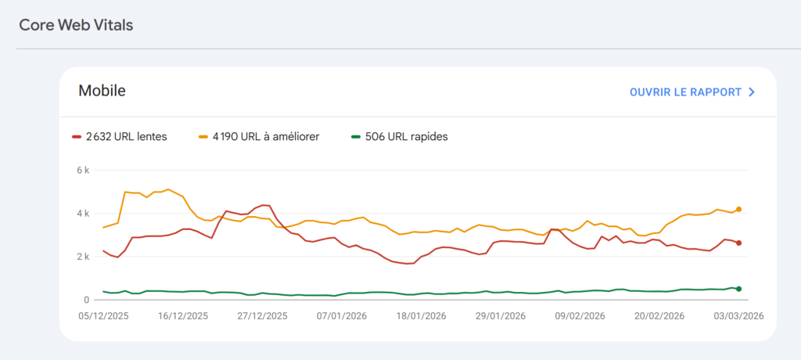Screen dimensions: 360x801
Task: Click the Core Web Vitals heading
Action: coord(76,25)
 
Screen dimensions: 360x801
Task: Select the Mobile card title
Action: coord(102,91)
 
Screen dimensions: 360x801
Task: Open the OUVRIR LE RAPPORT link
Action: coord(685,92)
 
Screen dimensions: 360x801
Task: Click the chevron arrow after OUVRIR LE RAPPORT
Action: coord(752,92)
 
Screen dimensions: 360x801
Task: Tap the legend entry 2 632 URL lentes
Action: coord(119,137)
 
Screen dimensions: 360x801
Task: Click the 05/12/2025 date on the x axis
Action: coord(104,315)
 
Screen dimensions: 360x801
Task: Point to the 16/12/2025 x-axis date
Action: coord(184,315)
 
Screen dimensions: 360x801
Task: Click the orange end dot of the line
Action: coord(738,209)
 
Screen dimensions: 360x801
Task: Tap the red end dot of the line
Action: coord(738,243)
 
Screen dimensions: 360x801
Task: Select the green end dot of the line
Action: coord(738,289)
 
